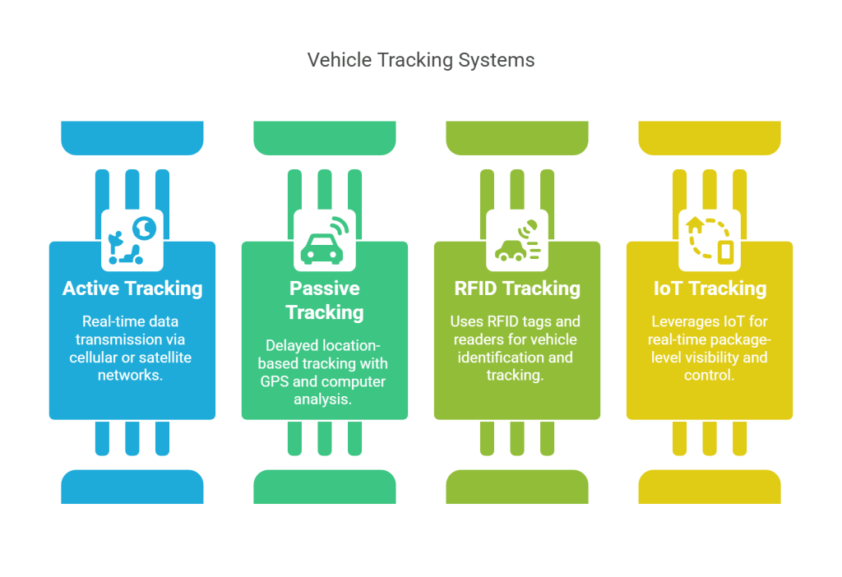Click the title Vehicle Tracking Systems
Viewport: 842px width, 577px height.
pyautogui.click(x=420, y=60)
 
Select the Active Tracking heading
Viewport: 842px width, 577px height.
pyautogui.click(x=132, y=288)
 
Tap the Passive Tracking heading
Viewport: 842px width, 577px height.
pyautogui.click(x=325, y=300)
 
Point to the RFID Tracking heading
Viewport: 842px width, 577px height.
pyautogui.click(x=517, y=288)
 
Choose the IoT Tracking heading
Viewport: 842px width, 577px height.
pyautogui.click(x=710, y=288)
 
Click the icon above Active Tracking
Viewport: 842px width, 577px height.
pyautogui.click(x=132, y=239)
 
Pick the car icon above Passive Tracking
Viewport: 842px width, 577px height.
pyautogui.click(x=325, y=239)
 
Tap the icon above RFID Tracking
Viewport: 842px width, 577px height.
pyautogui.click(x=517, y=239)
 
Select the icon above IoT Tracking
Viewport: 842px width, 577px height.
pyautogui.click(x=710, y=239)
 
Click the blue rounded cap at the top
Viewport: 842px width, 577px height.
pyautogui.click(x=132, y=137)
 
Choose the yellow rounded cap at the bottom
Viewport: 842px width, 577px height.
pyautogui.click(x=710, y=487)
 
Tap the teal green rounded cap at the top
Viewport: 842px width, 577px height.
pyautogui.click(x=325, y=137)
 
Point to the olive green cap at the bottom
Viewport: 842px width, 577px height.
pyautogui.click(x=517, y=487)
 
